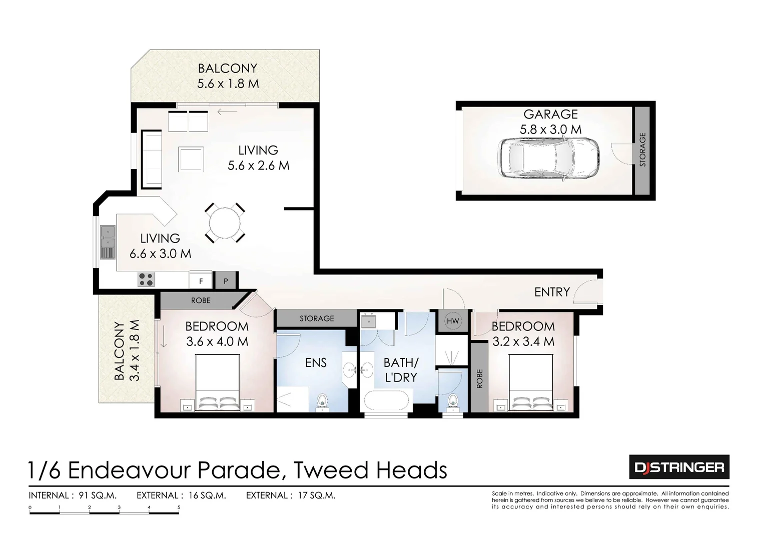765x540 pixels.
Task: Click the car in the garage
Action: click(x=550, y=157)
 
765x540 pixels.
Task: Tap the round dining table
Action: click(x=225, y=223)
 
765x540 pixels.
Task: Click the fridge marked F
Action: click(x=201, y=281)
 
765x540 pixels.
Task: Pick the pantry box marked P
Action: click(x=226, y=281)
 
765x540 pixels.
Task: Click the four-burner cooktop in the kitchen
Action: click(x=146, y=279)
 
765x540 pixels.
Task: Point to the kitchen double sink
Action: click(x=108, y=242)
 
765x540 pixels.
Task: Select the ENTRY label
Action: click(x=552, y=292)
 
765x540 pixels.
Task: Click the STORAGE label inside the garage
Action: click(x=643, y=149)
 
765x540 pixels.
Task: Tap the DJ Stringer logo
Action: click(x=678, y=467)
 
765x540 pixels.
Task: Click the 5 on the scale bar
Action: click(x=179, y=507)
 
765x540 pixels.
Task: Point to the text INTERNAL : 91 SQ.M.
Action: click(x=73, y=495)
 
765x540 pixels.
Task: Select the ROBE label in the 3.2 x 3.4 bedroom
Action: click(x=479, y=378)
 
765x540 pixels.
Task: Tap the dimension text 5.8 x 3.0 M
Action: click(x=550, y=129)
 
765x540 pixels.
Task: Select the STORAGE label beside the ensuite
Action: click(x=317, y=318)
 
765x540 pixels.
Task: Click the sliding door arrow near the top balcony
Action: click(x=227, y=111)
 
